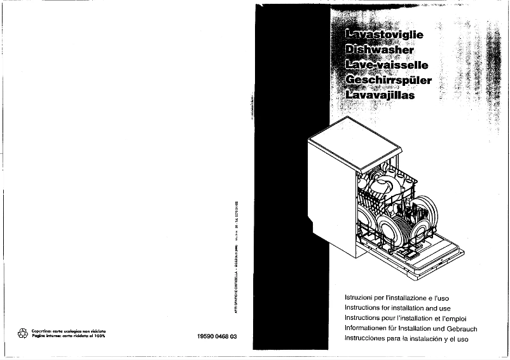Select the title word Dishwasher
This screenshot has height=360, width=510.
tap(379, 50)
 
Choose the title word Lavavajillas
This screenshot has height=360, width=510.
tap(379, 96)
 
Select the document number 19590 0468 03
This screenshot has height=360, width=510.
tap(213, 336)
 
